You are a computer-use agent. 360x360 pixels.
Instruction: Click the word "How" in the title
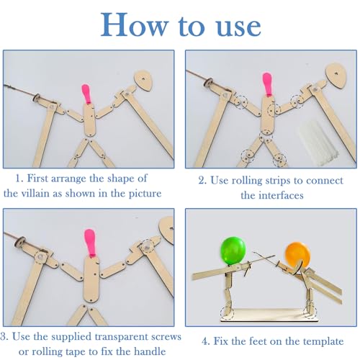[135, 24]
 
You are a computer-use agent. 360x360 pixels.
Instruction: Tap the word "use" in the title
[238, 27]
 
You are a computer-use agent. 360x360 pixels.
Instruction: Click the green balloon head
[233, 251]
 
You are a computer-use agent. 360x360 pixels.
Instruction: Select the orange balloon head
[297, 255]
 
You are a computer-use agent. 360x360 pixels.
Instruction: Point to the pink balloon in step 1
[86, 94]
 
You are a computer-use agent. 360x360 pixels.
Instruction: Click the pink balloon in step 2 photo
[267, 84]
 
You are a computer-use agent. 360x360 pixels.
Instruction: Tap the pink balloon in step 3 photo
[90, 243]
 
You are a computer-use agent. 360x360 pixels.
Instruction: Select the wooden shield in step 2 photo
[336, 75]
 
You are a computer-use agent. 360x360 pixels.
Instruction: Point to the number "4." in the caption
[206, 341]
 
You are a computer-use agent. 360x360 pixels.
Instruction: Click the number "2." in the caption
[203, 181]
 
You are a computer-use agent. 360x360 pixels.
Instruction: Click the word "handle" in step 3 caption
[150, 351]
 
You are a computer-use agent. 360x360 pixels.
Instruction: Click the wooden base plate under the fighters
[269, 315]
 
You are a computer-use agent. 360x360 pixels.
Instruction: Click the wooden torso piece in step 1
[89, 120]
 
